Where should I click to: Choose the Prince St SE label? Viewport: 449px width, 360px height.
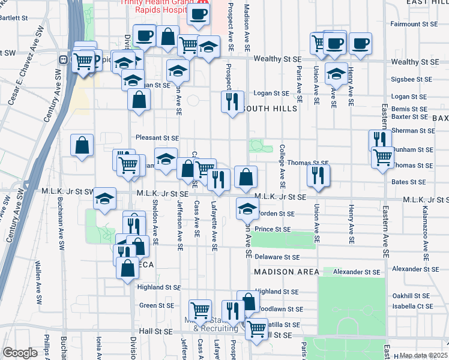[x=273, y=229]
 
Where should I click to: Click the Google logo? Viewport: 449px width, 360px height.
[x=20, y=353]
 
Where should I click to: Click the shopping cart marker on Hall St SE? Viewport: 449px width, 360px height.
[x=257, y=328]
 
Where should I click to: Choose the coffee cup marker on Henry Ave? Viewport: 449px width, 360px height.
[x=360, y=44]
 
